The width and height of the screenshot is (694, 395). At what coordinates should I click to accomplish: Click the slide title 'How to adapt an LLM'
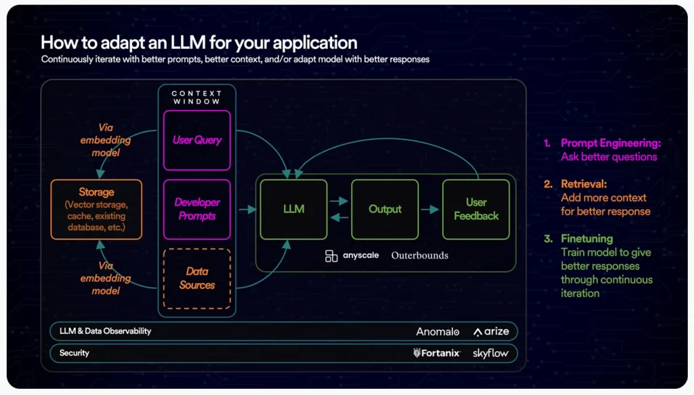point(199,42)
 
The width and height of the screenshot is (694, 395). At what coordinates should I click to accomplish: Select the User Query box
point(197,140)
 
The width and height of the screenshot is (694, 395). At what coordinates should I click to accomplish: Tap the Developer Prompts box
point(197,209)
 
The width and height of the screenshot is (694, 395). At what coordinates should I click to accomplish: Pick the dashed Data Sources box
point(197,278)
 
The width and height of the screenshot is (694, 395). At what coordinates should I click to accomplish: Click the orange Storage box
point(96,209)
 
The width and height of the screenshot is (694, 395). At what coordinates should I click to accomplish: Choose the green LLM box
point(293,209)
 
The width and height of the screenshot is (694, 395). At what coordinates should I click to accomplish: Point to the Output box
point(385,209)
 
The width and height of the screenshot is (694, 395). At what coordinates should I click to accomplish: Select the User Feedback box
point(476,209)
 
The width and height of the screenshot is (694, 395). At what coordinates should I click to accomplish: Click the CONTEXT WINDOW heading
point(197,97)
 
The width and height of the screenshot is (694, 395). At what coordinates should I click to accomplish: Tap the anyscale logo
point(352,256)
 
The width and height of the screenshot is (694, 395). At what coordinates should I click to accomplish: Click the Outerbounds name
point(420,256)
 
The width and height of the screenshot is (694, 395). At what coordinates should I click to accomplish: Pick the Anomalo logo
point(438,331)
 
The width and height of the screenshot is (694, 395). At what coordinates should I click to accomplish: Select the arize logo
point(491,331)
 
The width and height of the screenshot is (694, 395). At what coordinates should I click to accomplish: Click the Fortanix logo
point(437,353)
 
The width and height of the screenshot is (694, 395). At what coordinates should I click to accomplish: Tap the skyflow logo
point(491,353)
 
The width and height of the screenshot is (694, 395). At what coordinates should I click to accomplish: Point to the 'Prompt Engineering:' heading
point(610,143)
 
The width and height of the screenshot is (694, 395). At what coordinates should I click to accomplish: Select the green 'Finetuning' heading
point(587,239)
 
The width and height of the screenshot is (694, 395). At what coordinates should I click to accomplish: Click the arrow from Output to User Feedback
point(429,209)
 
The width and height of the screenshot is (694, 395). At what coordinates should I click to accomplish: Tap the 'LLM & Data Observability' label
point(105,331)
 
